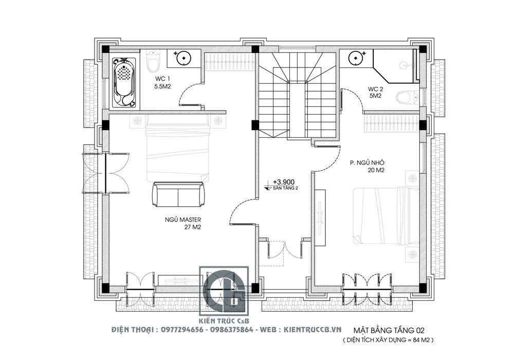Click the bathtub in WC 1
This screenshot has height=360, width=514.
click(x=123, y=83)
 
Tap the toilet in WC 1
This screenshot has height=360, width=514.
click(x=153, y=62)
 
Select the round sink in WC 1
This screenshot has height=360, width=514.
click(x=183, y=58)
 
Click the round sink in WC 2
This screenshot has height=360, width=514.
click(x=355, y=58)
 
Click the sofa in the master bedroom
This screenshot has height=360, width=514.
click(x=178, y=194)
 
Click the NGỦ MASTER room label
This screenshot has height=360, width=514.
click(x=183, y=220)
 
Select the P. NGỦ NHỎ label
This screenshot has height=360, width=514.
click(x=367, y=163)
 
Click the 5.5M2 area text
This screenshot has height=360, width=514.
click(x=162, y=86)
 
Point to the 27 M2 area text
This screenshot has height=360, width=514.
click(x=193, y=227)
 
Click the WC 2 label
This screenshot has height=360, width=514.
click(x=375, y=89)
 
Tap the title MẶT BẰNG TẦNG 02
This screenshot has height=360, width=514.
click(x=389, y=331)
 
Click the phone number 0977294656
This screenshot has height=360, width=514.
click(x=182, y=330)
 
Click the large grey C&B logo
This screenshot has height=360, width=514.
click(x=224, y=291)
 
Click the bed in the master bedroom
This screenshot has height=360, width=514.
click(x=178, y=148)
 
